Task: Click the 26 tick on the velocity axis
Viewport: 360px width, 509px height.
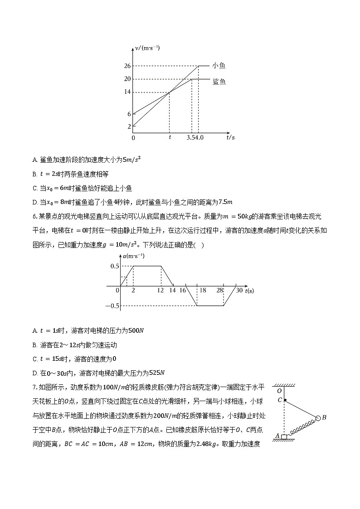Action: click(x=127, y=66)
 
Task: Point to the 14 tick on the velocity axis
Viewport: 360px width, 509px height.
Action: click(x=127, y=92)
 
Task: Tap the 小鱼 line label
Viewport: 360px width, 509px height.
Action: click(x=219, y=66)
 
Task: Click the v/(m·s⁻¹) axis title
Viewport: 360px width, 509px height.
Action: click(x=147, y=48)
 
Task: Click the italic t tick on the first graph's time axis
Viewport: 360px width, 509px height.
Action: click(x=170, y=137)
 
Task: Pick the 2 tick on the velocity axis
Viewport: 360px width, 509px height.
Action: click(x=129, y=126)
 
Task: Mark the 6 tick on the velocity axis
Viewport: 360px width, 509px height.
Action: click(x=129, y=114)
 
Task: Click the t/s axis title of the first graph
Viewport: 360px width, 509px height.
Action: click(x=230, y=137)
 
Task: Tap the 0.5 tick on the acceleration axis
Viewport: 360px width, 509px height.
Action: click(x=115, y=266)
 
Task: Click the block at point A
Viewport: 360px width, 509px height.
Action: click(x=284, y=436)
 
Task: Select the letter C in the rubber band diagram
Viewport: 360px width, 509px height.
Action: click(x=280, y=400)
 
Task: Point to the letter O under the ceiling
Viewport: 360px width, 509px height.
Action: click(x=279, y=391)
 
